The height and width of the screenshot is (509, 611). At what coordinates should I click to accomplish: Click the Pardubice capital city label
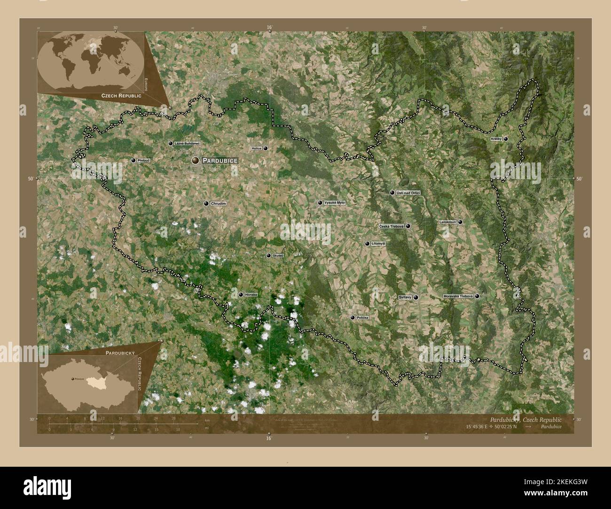click(x=220, y=161)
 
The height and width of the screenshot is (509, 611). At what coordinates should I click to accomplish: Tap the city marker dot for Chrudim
click(x=206, y=203)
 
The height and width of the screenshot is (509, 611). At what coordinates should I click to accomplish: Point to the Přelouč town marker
click(x=133, y=161)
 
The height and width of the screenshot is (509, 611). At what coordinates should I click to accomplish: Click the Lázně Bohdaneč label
click(x=187, y=143)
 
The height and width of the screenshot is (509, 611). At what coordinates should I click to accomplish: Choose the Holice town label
click(x=257, y=148)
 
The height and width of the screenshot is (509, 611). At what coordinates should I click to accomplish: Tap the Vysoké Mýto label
click(x=335, y=203)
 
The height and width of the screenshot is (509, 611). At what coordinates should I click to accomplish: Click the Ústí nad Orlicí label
click(x=408, y=193)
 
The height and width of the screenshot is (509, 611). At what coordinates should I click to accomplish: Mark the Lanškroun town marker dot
click(x=460, y=222)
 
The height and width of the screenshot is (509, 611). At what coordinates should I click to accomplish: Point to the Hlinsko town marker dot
click(x=241, y=295)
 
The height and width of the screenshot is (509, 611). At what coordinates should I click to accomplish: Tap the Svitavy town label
click(x=405, y=297)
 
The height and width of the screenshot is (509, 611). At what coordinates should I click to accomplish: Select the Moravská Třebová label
click(x=458, y=296)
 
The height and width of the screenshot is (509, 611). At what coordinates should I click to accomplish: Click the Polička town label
click(x=362, y=318)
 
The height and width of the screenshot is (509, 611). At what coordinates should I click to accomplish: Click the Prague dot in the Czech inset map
click(x=72, y=378)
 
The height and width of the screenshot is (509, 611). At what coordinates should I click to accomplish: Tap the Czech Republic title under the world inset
click(x=121, y=95)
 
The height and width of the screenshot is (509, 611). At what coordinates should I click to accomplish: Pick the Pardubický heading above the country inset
click(x=120, y=352)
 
